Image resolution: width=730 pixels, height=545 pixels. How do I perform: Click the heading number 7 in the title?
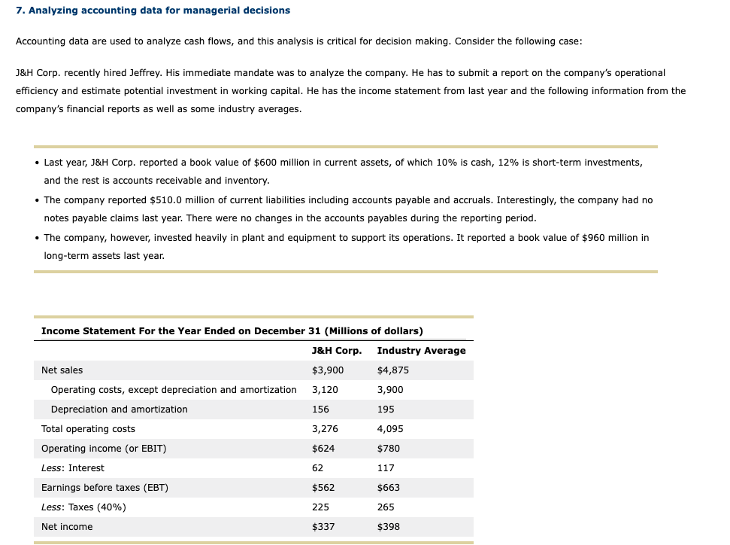19,10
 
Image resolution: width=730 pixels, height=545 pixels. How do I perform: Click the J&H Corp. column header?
336,351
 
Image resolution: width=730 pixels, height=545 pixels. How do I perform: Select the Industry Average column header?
421,351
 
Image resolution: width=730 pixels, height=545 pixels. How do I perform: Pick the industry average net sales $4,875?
392,370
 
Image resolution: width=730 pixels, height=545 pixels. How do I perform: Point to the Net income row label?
67,527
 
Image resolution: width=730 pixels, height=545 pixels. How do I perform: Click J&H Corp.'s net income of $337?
323,527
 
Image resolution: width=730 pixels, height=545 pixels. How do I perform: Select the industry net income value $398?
388,527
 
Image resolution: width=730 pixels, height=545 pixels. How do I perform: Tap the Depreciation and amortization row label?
119,410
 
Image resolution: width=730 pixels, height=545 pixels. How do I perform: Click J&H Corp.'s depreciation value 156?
320,410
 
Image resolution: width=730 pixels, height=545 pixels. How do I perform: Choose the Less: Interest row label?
72,468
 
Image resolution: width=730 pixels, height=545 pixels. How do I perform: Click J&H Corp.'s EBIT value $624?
323,449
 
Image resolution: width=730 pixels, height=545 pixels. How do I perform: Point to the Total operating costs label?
88,429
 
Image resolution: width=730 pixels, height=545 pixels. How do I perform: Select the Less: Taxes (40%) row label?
83,507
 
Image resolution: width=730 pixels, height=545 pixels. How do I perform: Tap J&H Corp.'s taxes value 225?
320,507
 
